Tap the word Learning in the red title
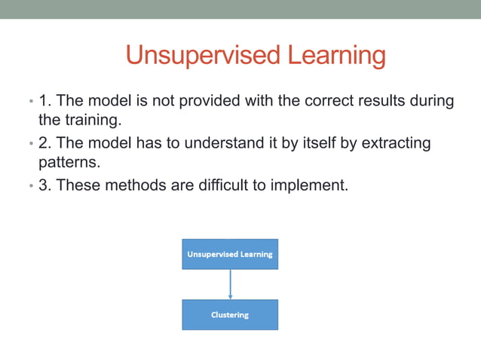tap(334, 55)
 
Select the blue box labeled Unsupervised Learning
tap(230, 254)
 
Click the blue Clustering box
tap(230, 315)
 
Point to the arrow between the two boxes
tap(230, 284)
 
